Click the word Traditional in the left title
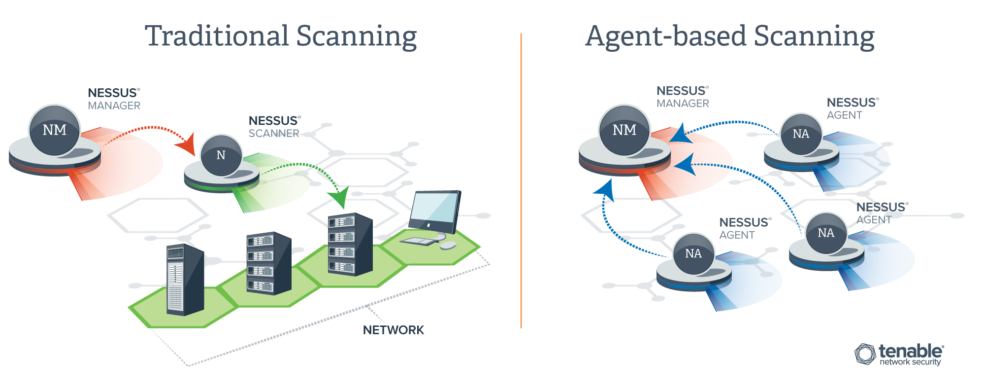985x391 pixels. click(x=217, y=36)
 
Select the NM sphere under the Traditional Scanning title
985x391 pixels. click(x=55, y=130)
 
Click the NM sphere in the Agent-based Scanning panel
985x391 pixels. click(x=624, y=130)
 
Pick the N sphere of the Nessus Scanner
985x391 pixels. click(x=221, y=155)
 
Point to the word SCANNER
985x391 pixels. click(x=274, y=134)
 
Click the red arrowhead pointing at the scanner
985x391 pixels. click(x=186, y=144)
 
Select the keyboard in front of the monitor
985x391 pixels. click(x=419, y=241)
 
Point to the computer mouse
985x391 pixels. click(x=448, y=245)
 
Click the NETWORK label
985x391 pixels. click(x=394, y=330)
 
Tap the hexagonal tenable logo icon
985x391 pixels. click(x=865, y=354)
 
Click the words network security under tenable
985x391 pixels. click(x=910, y=362)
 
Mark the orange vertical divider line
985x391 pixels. click(x=521, y=180)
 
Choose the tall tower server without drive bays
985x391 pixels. click(x=185, y=280)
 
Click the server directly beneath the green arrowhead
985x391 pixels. click(x=350, y=244)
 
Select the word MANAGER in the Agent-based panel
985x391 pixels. click(x=683, y=104)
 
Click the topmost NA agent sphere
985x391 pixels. click(x=801, y=134)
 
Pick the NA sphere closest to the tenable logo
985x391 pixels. click(x=826, y=233)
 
